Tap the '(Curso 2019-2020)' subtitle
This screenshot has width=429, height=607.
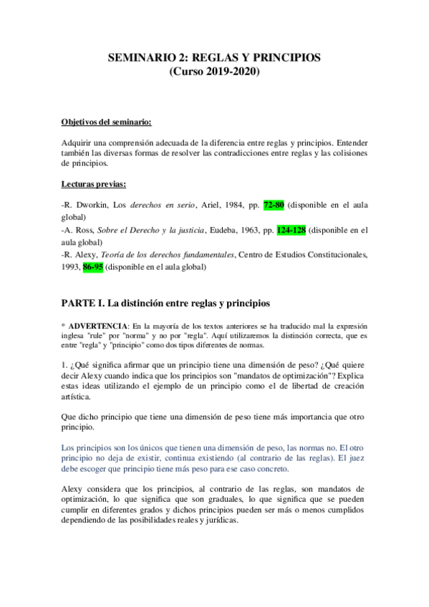(214, 72)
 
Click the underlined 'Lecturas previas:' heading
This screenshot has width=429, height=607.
(94, 184)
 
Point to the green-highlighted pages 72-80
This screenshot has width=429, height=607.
(274, 205)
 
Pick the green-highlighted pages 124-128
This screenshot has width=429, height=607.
(291, 230)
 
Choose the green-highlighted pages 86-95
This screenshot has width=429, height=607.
(93, 267)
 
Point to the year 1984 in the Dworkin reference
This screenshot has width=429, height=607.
(229, 205)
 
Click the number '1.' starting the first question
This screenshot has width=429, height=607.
(64, 361)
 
